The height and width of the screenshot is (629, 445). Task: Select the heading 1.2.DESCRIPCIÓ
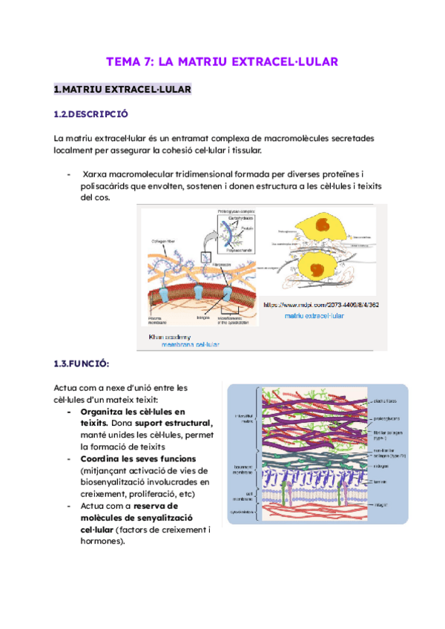(91, 114)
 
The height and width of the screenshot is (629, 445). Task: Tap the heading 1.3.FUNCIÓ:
(82, 363)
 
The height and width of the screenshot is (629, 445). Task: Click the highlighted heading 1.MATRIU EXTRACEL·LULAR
(123, 90)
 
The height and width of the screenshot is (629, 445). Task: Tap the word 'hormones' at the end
(102, 541)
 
